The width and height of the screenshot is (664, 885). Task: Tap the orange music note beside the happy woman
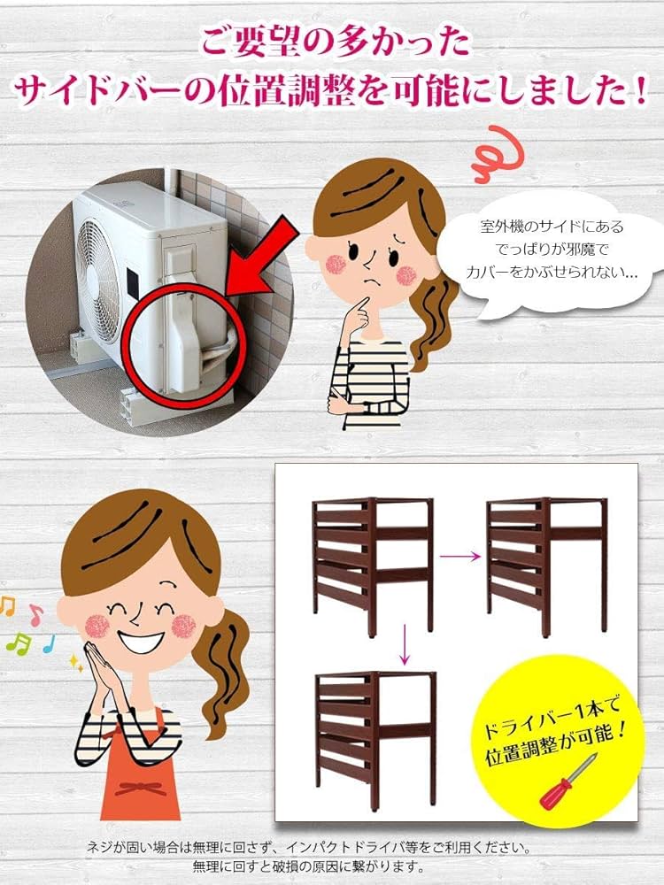[x=8, y=606]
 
